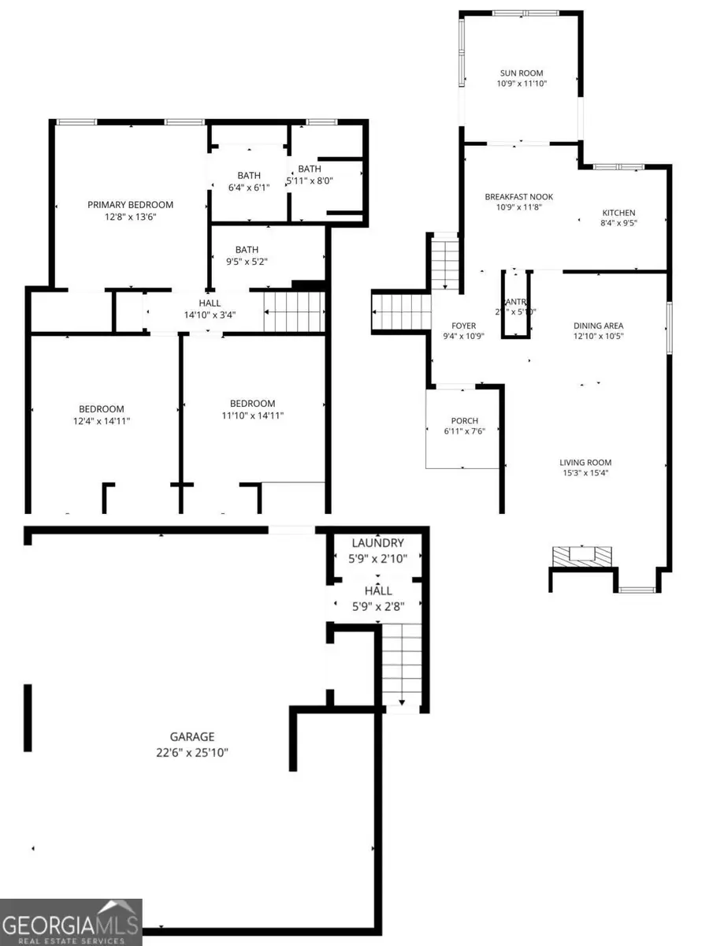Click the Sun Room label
pyautogui.click(x=521, y=73)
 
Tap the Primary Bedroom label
pyautogui.click(x=130, y=205)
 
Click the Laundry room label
pyautogui.click(x=377, y=543)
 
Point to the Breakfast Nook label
pyautogui.click(x=518, y=196)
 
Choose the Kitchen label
pyautogui.click(x=618, y=213)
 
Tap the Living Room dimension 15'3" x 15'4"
pyautogui.click(x=585, y=474)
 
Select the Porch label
pyautogui.click(x=465, y=420)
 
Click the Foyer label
pyautogui.click(x=463, y=325)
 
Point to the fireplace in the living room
pyautogui.click(x=583, y=555)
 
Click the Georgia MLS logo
pyautogui.click(x=71, y=922)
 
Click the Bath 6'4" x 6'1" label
pyautogui.click(x=249, y=176)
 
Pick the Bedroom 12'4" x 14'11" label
pyautogui.click(x=101, y=408)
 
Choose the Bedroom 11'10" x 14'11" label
pyautogui.click(x=252, y=404)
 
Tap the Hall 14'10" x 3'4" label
pyautogui.click(x=210, y=303)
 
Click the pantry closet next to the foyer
pyautogui.click(x=516, y=305)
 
